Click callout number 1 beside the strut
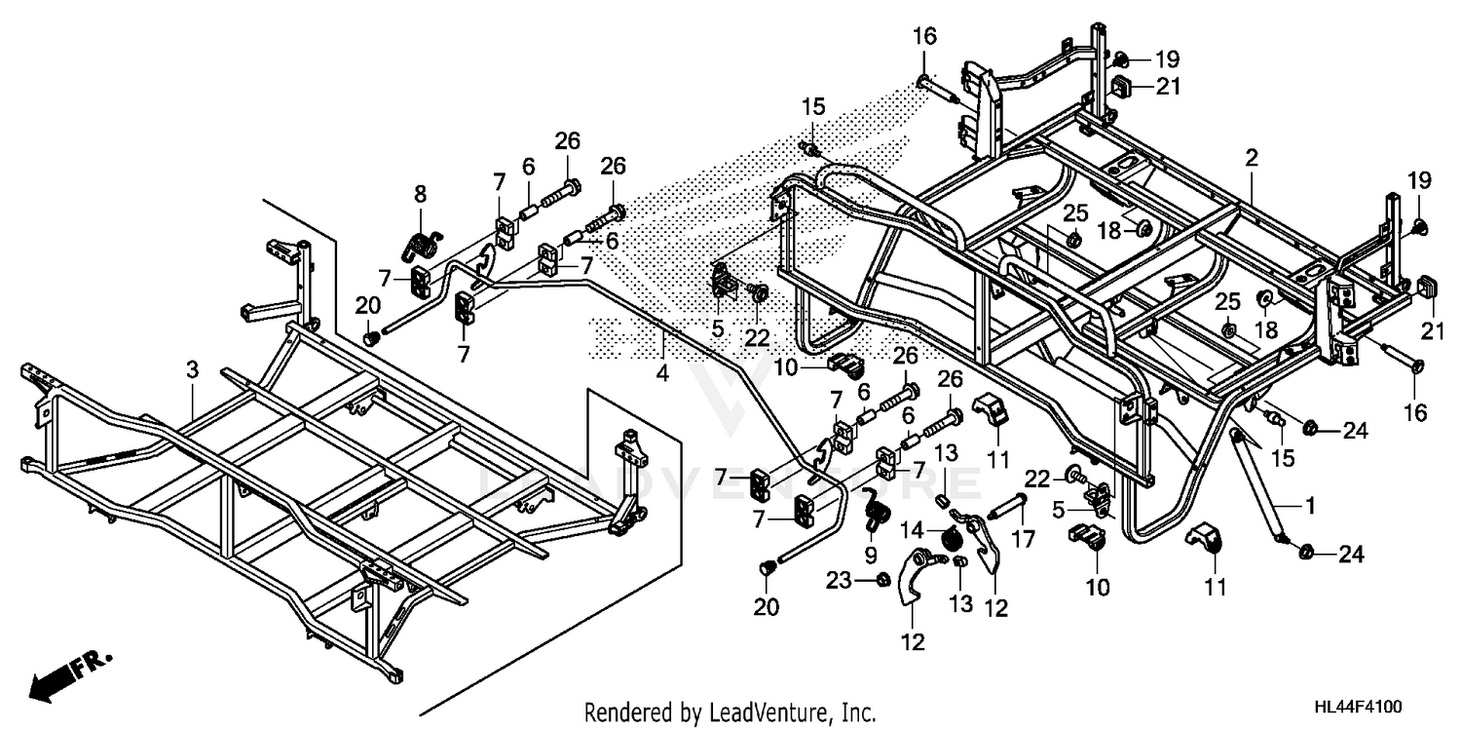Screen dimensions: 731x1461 pos(1310,505)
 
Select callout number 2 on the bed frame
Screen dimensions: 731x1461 pos(1252,157)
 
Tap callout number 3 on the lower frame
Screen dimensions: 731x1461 pos(192,369)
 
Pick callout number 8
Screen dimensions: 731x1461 pos(421,194)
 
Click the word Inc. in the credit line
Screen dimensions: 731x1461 pos(856,712)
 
